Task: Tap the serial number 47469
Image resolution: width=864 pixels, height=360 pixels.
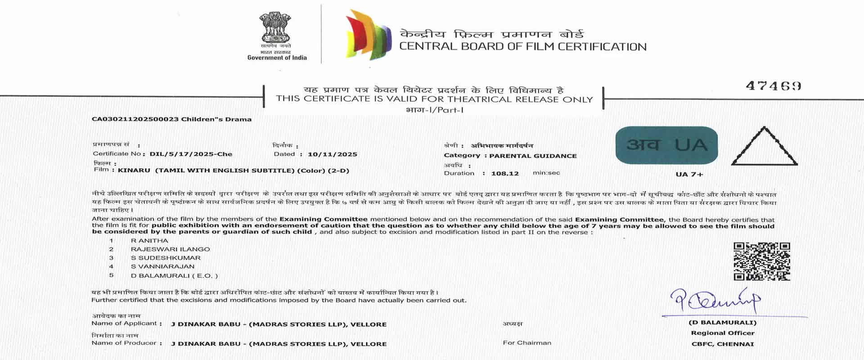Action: click(x=773, y=86)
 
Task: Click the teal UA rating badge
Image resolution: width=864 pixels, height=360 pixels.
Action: click(x=666, y=145)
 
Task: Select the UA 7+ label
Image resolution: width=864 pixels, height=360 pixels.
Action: click(x=689, y=175)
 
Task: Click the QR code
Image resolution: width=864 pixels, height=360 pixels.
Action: click(x=761, y=261)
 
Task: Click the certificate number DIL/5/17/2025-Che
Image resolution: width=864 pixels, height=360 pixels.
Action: click(x=191, y=154)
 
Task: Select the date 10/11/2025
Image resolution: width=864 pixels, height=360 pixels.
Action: click(x=332, y=154)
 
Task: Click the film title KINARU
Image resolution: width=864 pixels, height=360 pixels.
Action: click(x=134, y=171)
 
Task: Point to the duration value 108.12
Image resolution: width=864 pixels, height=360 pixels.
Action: click(x=504, y=174)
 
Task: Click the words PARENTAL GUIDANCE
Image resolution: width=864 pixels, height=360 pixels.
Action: click(x=533, y=156)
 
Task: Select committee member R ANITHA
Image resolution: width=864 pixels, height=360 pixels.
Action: click(x=149, y=241)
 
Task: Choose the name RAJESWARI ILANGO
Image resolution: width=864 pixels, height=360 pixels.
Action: click(x=170, y=249)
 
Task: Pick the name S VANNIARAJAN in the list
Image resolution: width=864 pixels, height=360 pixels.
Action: click(x=162, y=266)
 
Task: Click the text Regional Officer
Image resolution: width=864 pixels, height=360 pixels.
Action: click(x=722, y=333)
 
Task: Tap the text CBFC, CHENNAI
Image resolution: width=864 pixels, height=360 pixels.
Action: click(x=722, y=344)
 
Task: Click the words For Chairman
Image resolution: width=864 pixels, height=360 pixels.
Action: click(x=526, y=343)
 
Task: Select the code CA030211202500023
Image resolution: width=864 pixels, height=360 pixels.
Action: click(x=135, y=119)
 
